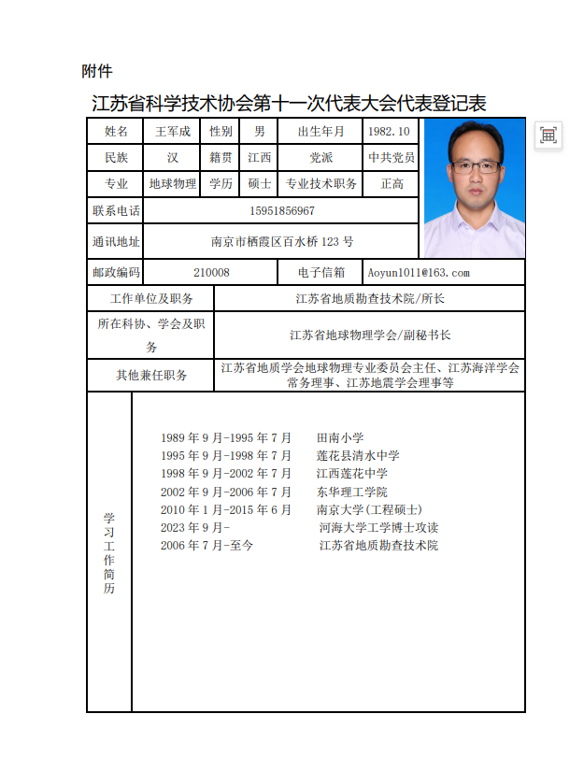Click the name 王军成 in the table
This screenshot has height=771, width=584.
point(173,132)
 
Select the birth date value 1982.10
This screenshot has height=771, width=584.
point(389,132)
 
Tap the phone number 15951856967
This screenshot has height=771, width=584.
point(282,211)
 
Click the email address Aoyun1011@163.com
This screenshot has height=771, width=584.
point(418,273)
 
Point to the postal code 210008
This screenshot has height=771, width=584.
point(211,273)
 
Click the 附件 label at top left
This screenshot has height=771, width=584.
point(97,71)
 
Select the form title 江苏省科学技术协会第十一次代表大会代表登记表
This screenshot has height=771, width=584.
point(289,104)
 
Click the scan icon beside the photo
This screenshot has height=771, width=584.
point(548,136)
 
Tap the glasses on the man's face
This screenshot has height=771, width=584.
point(476,166)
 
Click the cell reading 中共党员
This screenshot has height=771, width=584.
point(391,158)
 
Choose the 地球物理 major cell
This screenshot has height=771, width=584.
point(173,184)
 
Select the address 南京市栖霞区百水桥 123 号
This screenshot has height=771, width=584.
point(282,242)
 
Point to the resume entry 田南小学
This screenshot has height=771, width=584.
point(340,437)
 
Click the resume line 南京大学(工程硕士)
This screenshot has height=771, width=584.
point(369,509)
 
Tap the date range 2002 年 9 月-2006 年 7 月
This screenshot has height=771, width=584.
point(226,492)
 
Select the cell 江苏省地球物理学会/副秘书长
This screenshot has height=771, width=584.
point(370,335)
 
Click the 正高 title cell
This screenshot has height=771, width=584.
point(392,184)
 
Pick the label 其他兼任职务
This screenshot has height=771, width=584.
point(151,375)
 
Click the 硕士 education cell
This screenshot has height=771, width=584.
point(260,184)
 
